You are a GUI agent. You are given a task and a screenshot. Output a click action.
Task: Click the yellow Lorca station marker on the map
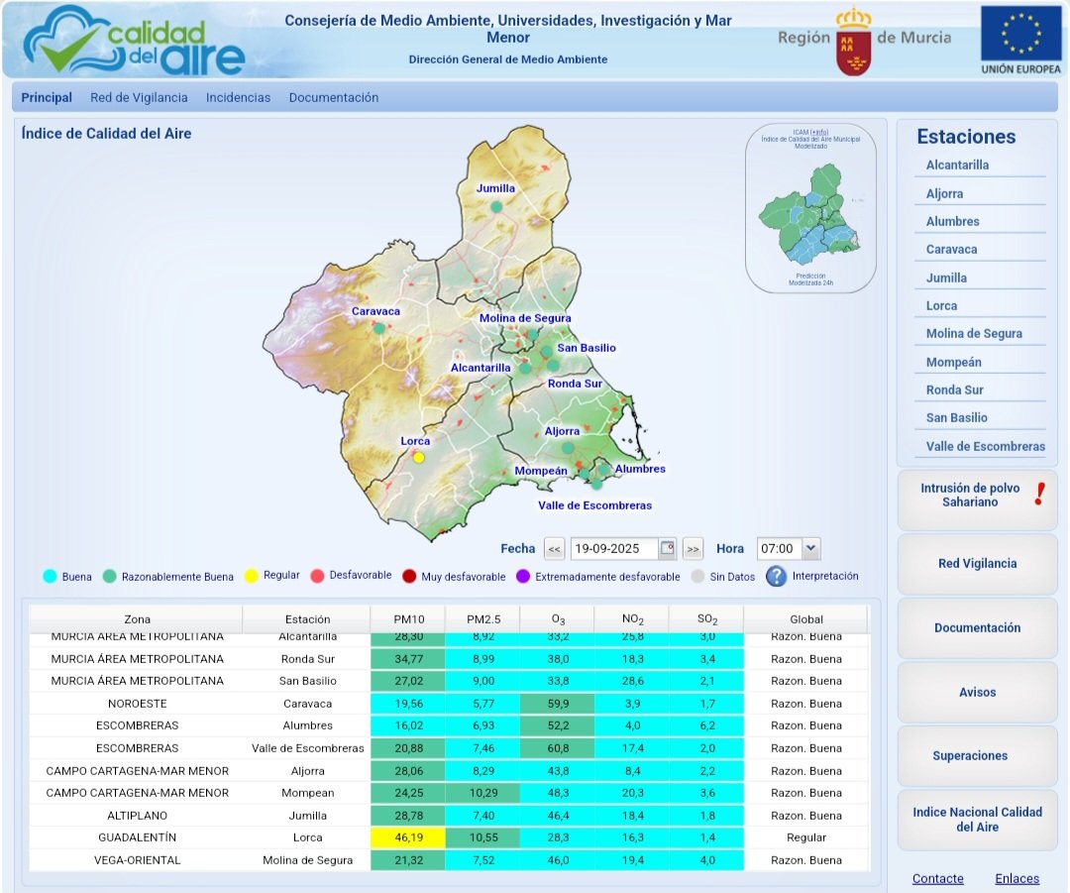point(419,458)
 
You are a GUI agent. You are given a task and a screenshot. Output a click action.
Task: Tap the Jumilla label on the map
point(495,188)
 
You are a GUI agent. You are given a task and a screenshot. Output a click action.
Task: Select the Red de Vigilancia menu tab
point(139,98)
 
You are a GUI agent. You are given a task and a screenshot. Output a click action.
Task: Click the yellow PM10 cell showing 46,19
point(407,837)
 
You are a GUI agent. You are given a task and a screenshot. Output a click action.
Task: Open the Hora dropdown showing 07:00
point(810,548)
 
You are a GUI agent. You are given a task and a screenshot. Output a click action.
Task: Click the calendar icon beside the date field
point(668,548)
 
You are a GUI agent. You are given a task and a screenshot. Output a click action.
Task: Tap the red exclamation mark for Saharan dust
point(1039,493)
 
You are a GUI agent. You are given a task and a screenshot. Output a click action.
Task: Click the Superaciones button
point(977,756)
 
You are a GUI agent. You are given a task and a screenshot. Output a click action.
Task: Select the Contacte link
point(937,879)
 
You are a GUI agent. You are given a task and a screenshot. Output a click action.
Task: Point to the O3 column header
point(558,619)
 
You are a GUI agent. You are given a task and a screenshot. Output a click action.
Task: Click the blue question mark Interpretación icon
point(776,576)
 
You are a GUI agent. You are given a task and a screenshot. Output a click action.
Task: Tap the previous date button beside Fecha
point(555,548)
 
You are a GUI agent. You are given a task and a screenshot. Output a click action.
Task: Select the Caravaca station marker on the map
point(378,328)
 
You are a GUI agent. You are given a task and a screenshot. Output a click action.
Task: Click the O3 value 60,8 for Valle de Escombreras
point(558,748)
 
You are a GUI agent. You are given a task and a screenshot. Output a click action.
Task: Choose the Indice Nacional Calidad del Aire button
point(977,820)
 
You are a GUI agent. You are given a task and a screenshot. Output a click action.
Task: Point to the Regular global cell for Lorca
point(805,837)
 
